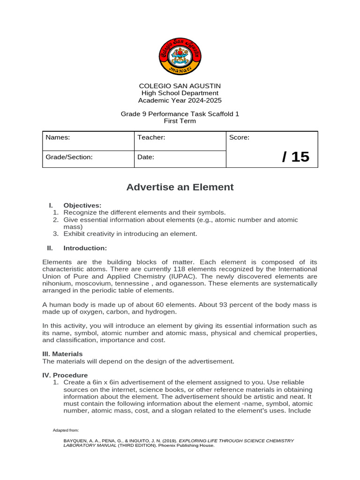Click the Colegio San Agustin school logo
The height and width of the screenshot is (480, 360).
click(x=180, y=56)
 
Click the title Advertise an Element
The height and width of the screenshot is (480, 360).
click(x=180, y=187)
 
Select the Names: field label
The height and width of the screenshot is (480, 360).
click(x=58, y=137)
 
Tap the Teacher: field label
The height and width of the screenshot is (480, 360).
click(x=151, y=137)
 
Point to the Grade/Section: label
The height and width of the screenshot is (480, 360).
click(x=69, y=157)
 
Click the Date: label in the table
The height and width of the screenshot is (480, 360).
click(x=146, y=157)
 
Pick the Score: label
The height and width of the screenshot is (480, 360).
click(x=240, y=137)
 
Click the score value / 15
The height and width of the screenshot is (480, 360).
click(x=295, y=157)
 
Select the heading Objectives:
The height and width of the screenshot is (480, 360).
click(x=82, y=205)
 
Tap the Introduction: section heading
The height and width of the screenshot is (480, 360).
click(x=85, y=248)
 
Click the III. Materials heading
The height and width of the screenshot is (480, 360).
click(x=62, y=354)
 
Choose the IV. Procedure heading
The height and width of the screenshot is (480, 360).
click(x=65, y=375)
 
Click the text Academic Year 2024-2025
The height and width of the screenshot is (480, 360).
click(x=180, y=100)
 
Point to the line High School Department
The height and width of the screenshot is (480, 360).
click(x=180, y=93)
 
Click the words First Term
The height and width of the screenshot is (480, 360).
click(x=180, y=121)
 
